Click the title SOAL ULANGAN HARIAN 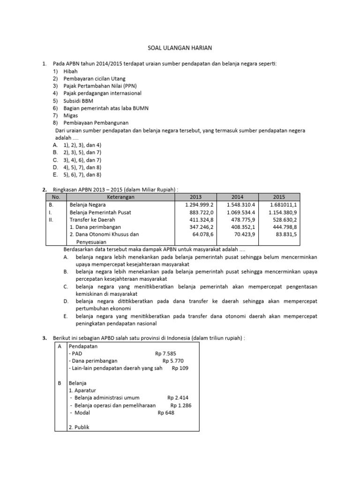pyautogui.click(x=180, y=48)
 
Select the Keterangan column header pyautogui.click(x=120, y=197)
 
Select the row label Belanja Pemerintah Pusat pyautogui.click(x=101, y=212)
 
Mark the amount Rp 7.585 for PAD pyautogui.click(x=167, y=353)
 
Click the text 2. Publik pyautogui.click(x=79, y=427)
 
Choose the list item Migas pyautogui.click(x=71, y=115)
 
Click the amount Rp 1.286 pyautogui.click(x=181, y=405)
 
